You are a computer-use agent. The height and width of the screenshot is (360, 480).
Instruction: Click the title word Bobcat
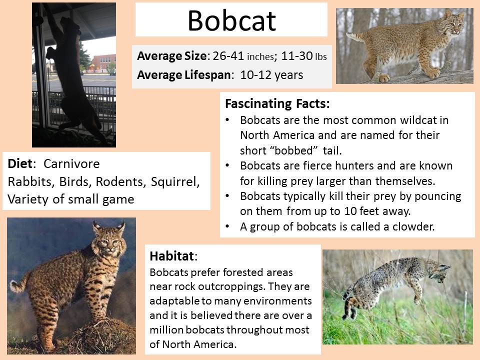pos(231,20)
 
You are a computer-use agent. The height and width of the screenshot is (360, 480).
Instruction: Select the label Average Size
pos(172,56)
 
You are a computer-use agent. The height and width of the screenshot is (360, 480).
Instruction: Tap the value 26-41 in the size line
pos(228,55)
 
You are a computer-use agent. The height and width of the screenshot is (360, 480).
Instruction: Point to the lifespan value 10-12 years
pos(271,75)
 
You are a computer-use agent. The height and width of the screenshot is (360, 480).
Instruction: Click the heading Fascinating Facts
pos(277,104)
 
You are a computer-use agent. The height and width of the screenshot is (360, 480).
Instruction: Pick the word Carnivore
pos(71,164)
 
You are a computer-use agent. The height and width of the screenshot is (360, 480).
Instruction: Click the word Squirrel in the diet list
pos(175,182)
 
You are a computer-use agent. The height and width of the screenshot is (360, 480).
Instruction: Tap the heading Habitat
pos(171,256)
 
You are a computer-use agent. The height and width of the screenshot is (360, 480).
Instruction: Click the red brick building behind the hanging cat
pos(104,63)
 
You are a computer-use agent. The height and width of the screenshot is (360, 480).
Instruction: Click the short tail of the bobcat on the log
pos(355,36)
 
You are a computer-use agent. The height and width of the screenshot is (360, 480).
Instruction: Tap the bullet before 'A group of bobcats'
pos(227,226)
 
